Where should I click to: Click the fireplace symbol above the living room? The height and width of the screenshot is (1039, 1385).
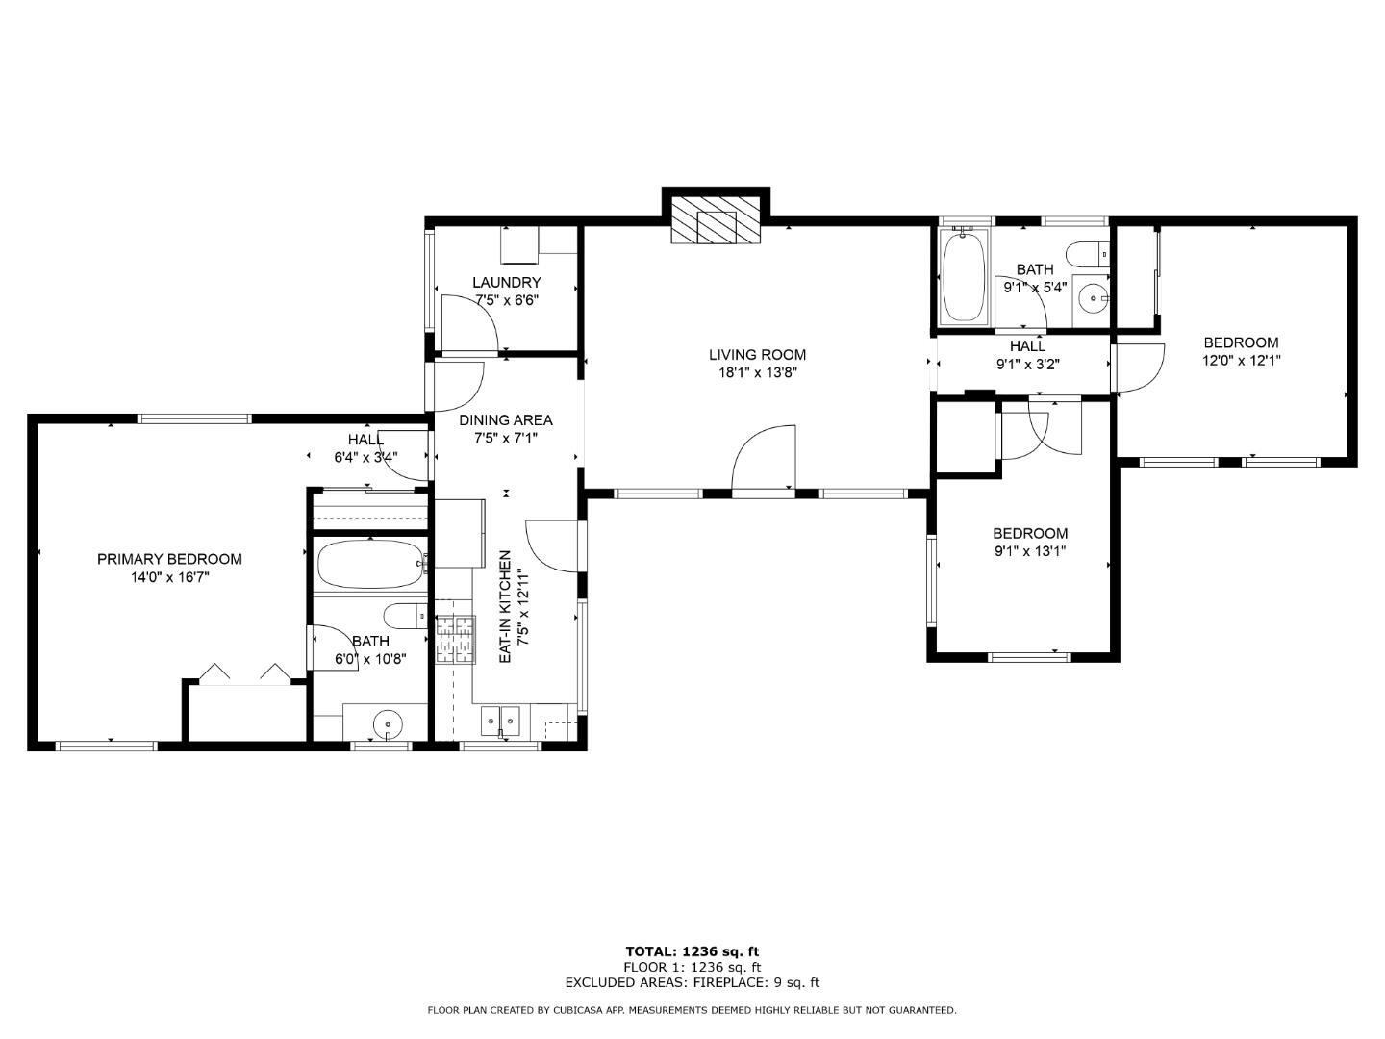[716, 222]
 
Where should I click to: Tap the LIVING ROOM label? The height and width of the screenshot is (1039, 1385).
[757, 355]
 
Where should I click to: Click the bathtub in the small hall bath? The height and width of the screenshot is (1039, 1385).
[963, 276]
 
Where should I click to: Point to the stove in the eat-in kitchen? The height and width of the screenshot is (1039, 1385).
[455, 640]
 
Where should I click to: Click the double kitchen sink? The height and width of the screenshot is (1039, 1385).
[500, 718]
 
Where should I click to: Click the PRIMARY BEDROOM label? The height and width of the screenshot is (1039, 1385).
[169, 559]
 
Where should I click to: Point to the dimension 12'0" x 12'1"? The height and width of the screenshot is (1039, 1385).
[1241, 361]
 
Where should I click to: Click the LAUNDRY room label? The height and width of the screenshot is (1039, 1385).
[506, 283]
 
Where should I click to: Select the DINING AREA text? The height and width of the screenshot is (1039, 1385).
[506, 420]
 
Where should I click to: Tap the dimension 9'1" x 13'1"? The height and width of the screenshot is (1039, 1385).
[1029, 551]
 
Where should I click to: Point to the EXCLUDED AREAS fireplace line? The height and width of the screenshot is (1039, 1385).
[692, 982]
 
